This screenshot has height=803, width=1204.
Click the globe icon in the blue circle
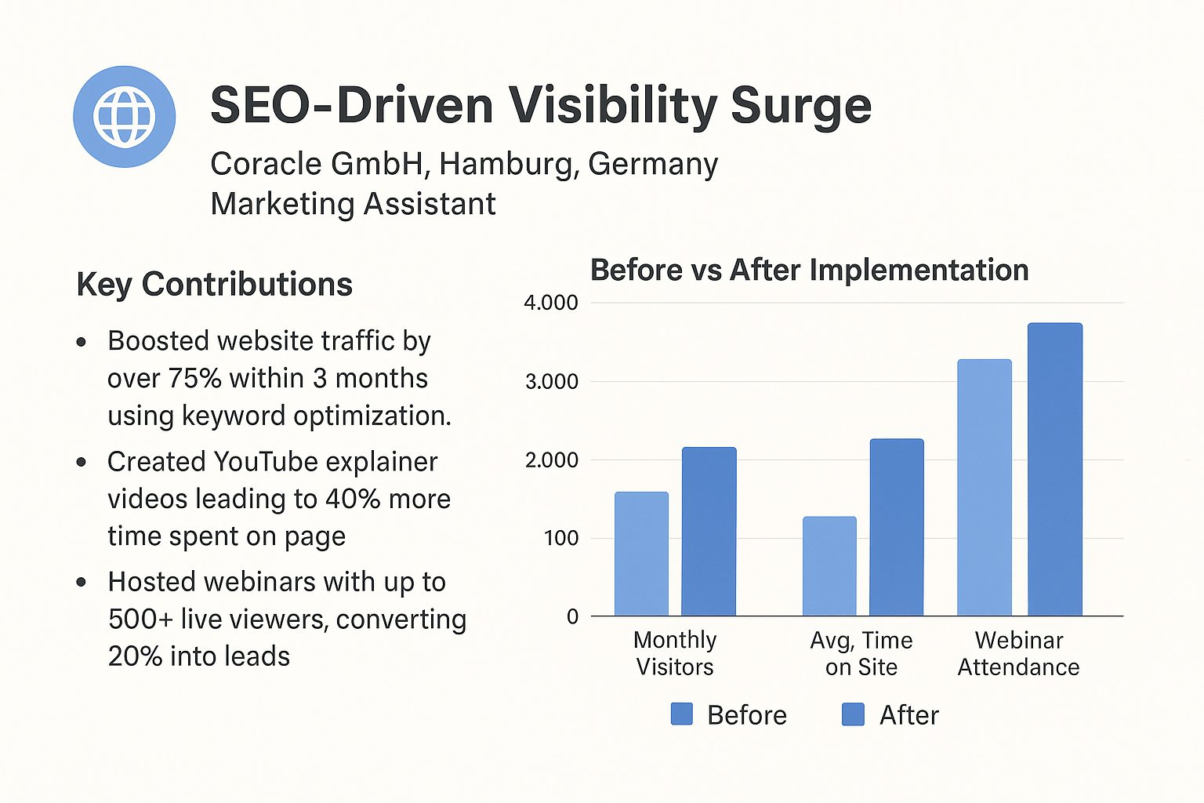[124, 117]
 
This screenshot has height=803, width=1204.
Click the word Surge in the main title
[800, 106]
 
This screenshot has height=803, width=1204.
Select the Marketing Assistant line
[353, 204]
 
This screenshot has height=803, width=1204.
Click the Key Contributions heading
[215, 284]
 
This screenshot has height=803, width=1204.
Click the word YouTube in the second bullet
[265, 462]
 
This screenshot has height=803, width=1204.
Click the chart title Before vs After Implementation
[809, 270]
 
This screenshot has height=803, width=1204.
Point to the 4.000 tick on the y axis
[550, 303]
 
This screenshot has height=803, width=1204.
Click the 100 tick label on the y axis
[561, 538]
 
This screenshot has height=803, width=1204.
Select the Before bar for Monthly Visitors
[641, 554]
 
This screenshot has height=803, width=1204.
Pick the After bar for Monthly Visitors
[709, 532]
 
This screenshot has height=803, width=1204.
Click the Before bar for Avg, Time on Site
[829, 566]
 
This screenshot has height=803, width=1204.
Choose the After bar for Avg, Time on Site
[896, 527]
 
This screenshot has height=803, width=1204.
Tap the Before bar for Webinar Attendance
[985, 487]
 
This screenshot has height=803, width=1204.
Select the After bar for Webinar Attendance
[1054, 469]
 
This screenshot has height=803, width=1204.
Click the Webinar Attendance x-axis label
[1018, 653]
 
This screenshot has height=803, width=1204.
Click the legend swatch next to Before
[682, 714]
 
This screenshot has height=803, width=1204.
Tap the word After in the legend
[908, 715]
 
